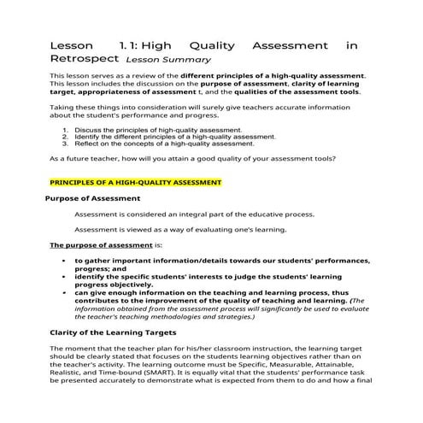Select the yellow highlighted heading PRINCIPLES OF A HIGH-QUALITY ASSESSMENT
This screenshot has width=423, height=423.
(136, 182)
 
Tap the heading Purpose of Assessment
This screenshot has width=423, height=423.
(92, 198)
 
